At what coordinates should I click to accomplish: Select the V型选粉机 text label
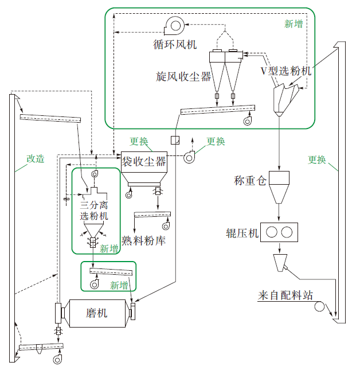pyautogui.click(x=287, y=71)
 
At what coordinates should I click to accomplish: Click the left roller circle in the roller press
pyautogui.click(x=272, y=232)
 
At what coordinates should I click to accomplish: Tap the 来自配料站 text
pyautogui.click(x=285, y=296)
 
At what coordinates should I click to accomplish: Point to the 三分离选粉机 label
pyautogui.click(x=93, y=210)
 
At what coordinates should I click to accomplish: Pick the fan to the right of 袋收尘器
pyautogui.click(x=189, y=157)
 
